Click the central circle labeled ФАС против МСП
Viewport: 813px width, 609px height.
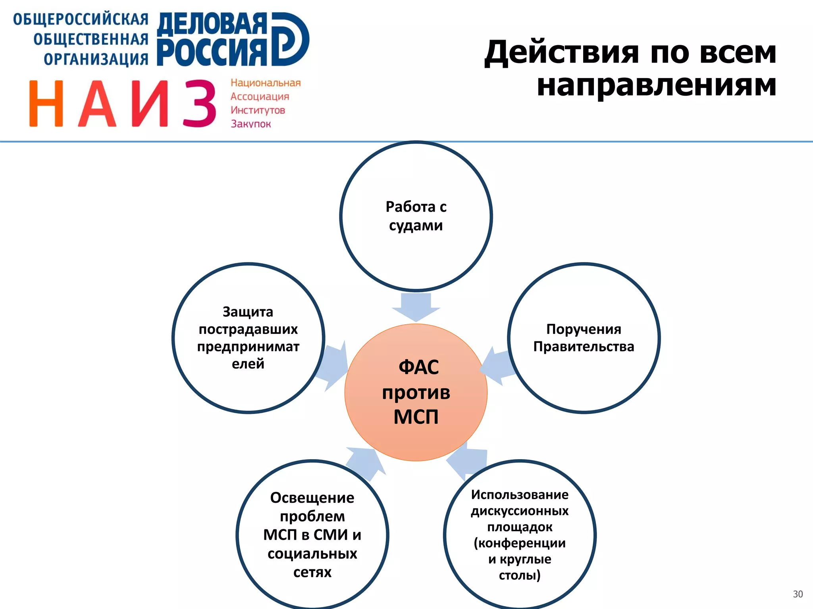point(416,392)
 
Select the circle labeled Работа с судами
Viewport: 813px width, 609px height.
point(416,216)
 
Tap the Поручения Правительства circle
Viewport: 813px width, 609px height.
point(584,338)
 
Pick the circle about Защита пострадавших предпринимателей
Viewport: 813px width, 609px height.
point(248,338)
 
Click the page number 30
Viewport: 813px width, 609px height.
point(798,594)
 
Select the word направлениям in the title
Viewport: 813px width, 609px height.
point(656,85)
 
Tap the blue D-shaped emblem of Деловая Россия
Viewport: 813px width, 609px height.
point(290,39)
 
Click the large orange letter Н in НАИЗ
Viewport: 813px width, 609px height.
point(46,103)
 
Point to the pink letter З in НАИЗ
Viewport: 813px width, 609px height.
point(199,103)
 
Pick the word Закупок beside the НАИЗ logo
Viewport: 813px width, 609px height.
point(251,124)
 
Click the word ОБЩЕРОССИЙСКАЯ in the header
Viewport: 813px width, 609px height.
point(81,19)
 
